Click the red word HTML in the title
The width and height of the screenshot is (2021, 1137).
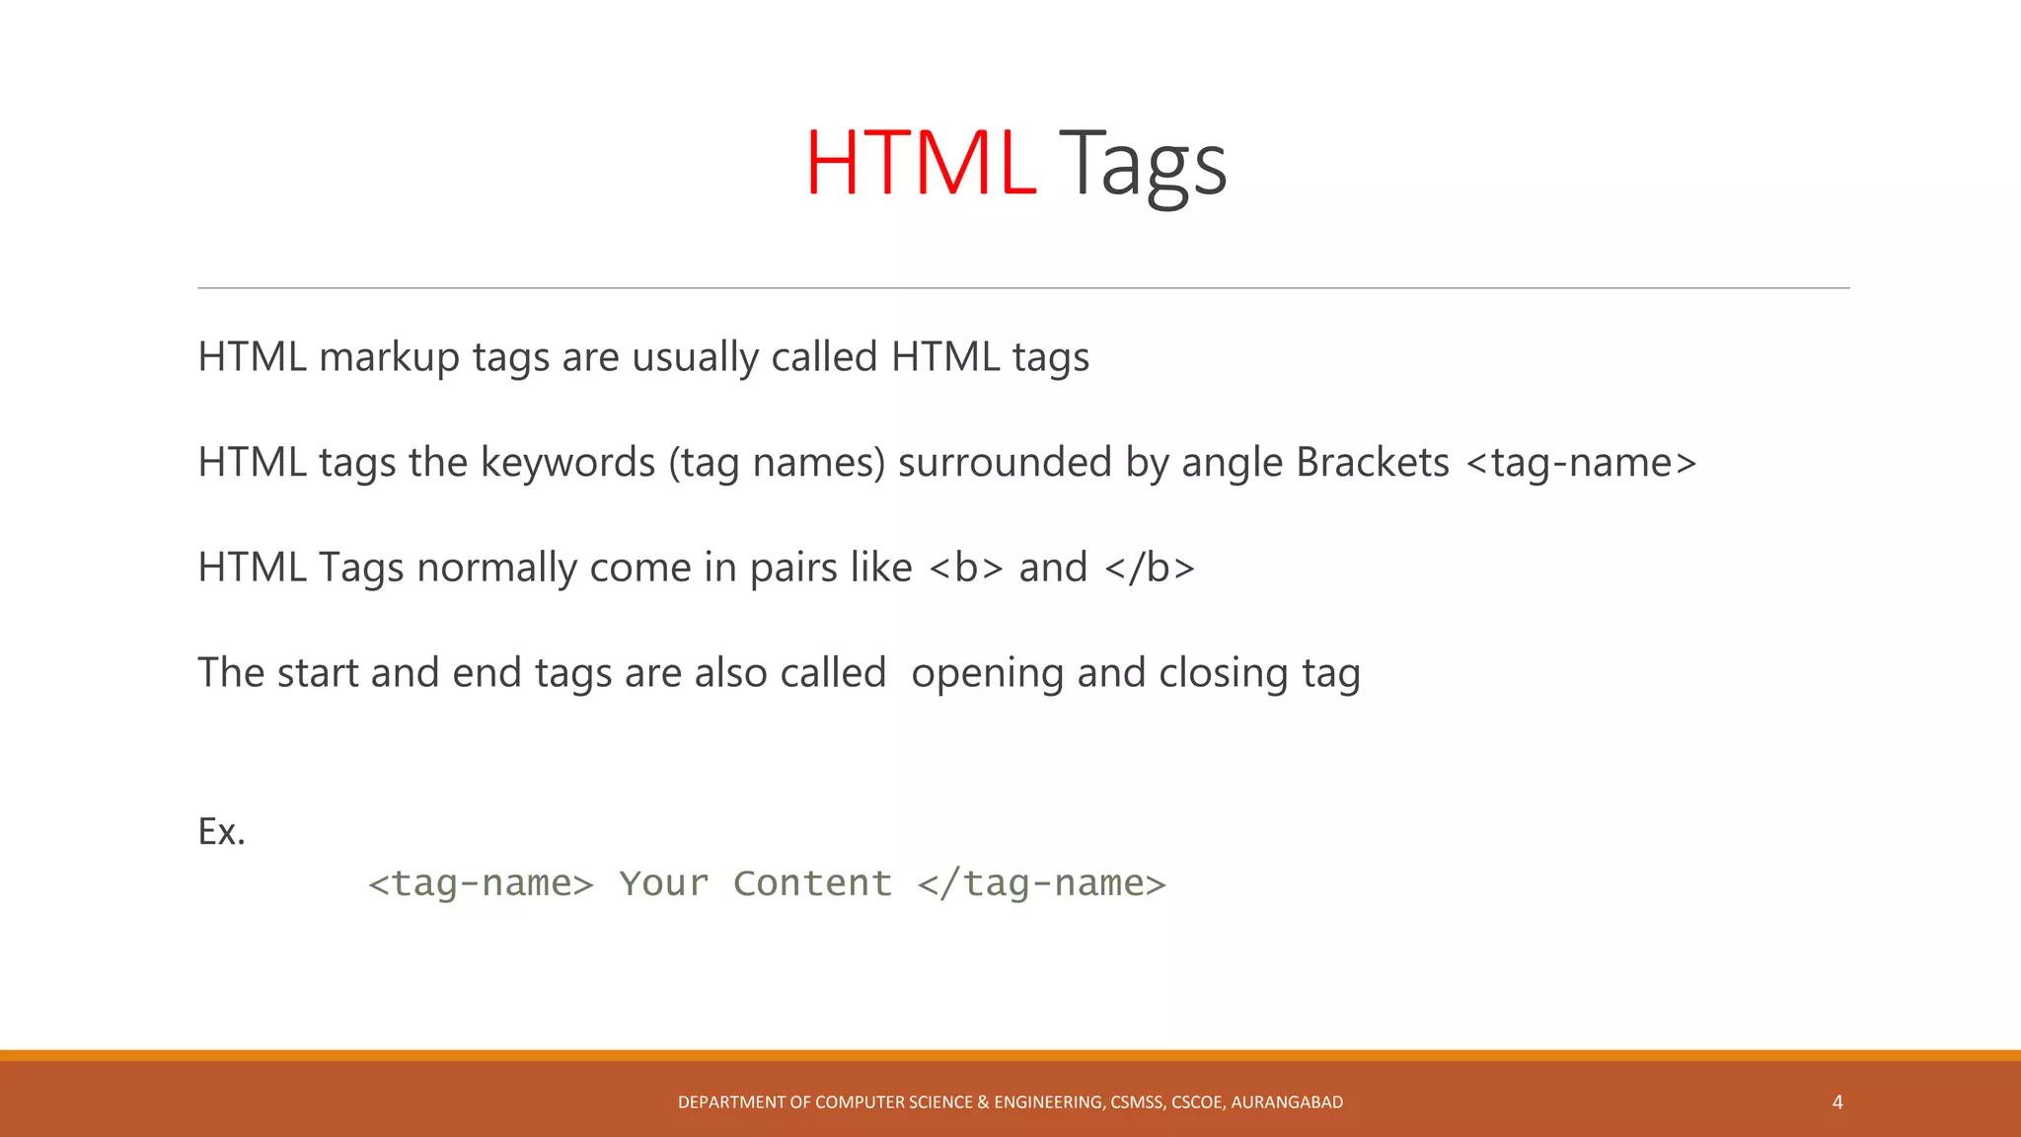coord(920,163)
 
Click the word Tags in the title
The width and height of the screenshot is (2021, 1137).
coord(1143,165)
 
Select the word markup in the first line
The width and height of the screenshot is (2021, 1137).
coord(389,357)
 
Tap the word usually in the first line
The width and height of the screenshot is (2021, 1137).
coord(695,357)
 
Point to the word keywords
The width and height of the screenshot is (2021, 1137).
coord(567,463)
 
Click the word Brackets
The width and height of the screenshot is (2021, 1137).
coord(1372,463)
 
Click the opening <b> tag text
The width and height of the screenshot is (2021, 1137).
coord(965,568)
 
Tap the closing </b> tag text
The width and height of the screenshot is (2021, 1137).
coord(1150,568)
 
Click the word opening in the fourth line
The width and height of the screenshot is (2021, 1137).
coord(987,674)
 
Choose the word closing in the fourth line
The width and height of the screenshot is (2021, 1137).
coord(1224,674)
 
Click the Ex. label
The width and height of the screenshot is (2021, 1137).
coord(221,832)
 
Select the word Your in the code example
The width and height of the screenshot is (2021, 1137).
coord(663,883)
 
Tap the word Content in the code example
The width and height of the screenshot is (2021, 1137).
coord(812,883)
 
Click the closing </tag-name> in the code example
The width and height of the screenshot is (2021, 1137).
coord(1041,883)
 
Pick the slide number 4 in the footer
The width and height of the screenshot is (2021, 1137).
coord(1837,1102)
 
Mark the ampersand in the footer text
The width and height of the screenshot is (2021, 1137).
coord(983,1102)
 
